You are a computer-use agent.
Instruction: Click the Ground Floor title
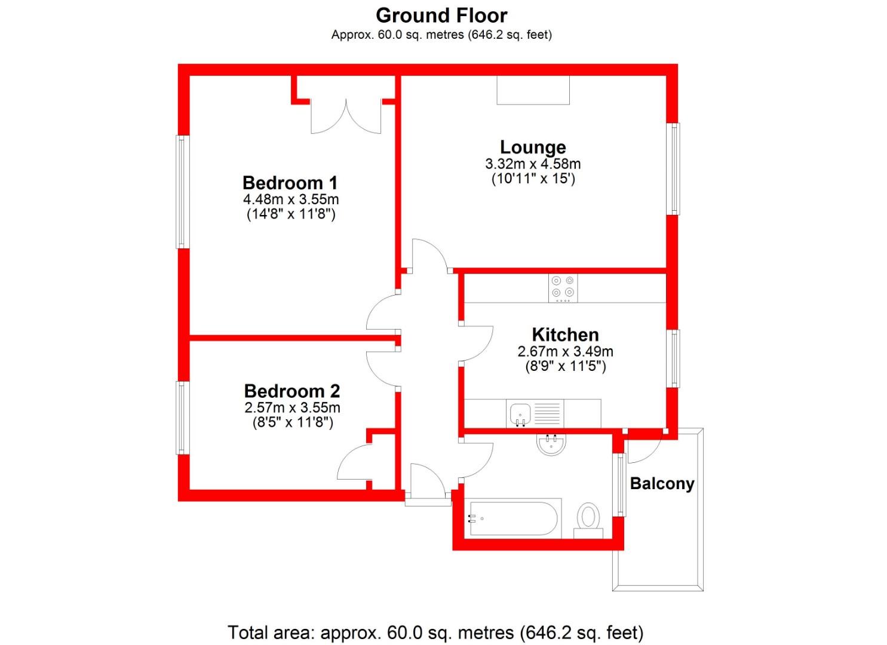pos(441,15)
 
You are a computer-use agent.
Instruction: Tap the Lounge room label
pos(533,147)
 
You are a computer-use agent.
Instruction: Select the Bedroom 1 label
pos(290,182)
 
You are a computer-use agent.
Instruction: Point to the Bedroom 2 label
pos(292,391)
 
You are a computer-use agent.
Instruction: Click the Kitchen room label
pos(565,334)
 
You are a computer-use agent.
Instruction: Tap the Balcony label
pos(662,483)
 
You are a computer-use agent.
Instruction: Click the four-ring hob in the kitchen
pos(563,287)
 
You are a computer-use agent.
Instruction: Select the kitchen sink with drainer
pos(534,413)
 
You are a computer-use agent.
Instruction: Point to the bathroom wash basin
pos(551,444)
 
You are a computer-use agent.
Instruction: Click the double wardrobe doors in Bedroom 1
pos(346,116)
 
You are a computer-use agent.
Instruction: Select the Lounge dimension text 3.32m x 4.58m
pos(533,164)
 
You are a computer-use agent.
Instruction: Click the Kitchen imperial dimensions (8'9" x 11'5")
pos(565,366)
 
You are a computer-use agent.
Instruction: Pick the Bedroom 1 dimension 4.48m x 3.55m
pos(290,199)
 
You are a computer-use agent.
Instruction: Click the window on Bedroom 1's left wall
pos(182,192)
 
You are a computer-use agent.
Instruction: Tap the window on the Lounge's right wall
pos(673,168)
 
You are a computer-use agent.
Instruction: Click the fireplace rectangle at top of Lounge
pos(533,90)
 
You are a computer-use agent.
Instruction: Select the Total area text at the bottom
pos(435,632)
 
